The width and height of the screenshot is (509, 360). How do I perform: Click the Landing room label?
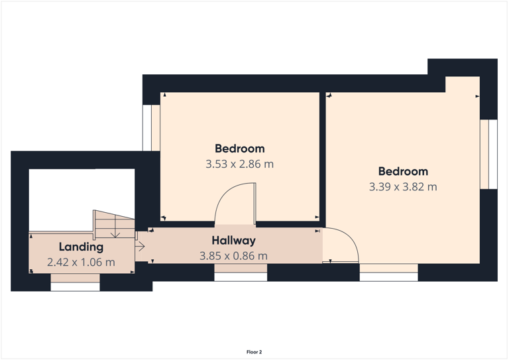pyautogui.click(x=81, y=247)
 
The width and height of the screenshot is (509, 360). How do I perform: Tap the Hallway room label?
pyautogui.click(x=233, y=240)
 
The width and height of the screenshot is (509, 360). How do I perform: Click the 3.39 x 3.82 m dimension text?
pyautogui.click(x=403, y=187)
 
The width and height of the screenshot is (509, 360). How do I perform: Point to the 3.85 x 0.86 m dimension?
pyautogui.click(x=233, y=256)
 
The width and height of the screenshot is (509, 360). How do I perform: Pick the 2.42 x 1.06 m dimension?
pyautogui.click(x=81, y=263)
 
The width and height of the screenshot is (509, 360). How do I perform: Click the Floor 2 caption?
pyautogui.click(x=254, y=352)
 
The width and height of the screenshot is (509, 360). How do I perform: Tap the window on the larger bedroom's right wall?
pyautogui.click(x=488, y=154)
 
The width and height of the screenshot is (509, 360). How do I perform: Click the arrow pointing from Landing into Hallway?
pyautogui.click(x=140, y=247)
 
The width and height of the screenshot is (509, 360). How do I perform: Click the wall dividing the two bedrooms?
pyautogui.click(x=323, y=156)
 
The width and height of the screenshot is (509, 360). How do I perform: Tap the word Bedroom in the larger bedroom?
pyautogui.click(x=403, y=171)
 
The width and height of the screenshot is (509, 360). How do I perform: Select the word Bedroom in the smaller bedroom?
pyautogui.click(x=239, y=149)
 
